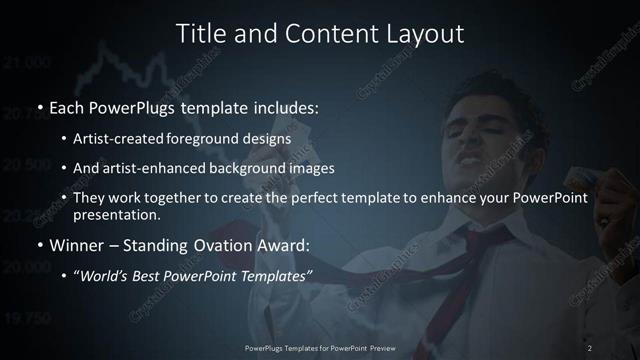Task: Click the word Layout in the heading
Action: (x=422, y=33)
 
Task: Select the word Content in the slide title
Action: (x=325, y=33)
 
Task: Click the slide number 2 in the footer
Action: (x=590, y=347)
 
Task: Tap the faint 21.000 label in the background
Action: (x=28, y=64)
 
